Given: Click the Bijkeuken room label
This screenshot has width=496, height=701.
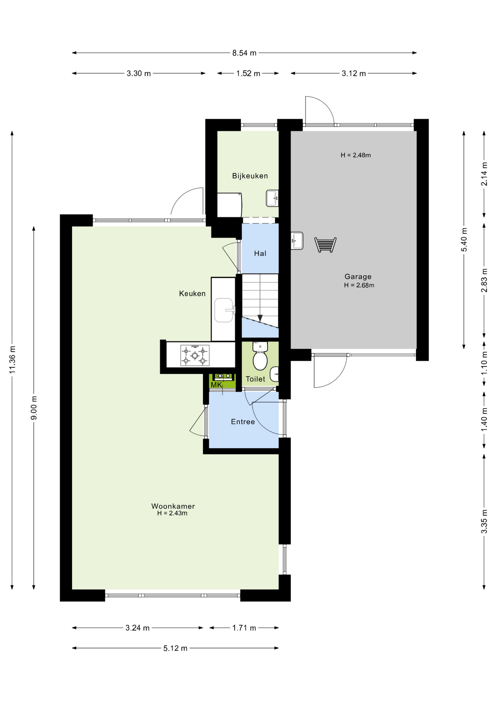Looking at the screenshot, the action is pyautogui.click(x=250, y=176).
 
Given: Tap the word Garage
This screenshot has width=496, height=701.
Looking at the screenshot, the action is pyautogui.click(x=358, y=277).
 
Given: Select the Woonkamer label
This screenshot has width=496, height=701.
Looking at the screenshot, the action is pyautogui.click(x=173, y=506).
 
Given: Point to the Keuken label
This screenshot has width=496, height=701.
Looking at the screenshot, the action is pyautogui.click(x=192, y=294).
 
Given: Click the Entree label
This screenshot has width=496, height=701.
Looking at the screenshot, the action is pyautogui.click(x=243, y=422).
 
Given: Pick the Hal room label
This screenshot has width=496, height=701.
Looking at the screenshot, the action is pyautogui.click(x=260, y=253).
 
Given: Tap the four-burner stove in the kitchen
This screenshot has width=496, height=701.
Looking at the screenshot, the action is pyautogui.click(x=195, y=355).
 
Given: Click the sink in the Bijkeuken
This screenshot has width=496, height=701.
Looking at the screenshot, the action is pyautogui.click(x=272, y=198).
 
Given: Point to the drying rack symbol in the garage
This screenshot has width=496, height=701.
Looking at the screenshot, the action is pyautogui.click(x=325, y=245).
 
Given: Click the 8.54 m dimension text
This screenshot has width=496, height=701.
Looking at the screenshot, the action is pyautogui.click(x=244, y=53).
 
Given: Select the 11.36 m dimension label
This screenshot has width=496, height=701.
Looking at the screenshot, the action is pyautogui.click(x=12, y=360).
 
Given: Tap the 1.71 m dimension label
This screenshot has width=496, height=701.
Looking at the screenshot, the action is pyautogui.click(x=244, y=628).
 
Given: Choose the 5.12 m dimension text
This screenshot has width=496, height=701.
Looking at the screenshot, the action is pyautogui.click(x=175, y=648).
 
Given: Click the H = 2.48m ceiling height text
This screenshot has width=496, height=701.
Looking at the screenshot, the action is pyautogui.click(x=356, y=155).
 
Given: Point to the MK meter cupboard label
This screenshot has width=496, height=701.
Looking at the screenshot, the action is pyautogui.click(x=216, y=385).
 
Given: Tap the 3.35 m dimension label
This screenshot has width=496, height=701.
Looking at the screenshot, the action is pyautogui.click(x=484, y=521).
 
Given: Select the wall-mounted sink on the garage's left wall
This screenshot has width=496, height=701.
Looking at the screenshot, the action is pyautogui.click(x=297, y=241).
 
